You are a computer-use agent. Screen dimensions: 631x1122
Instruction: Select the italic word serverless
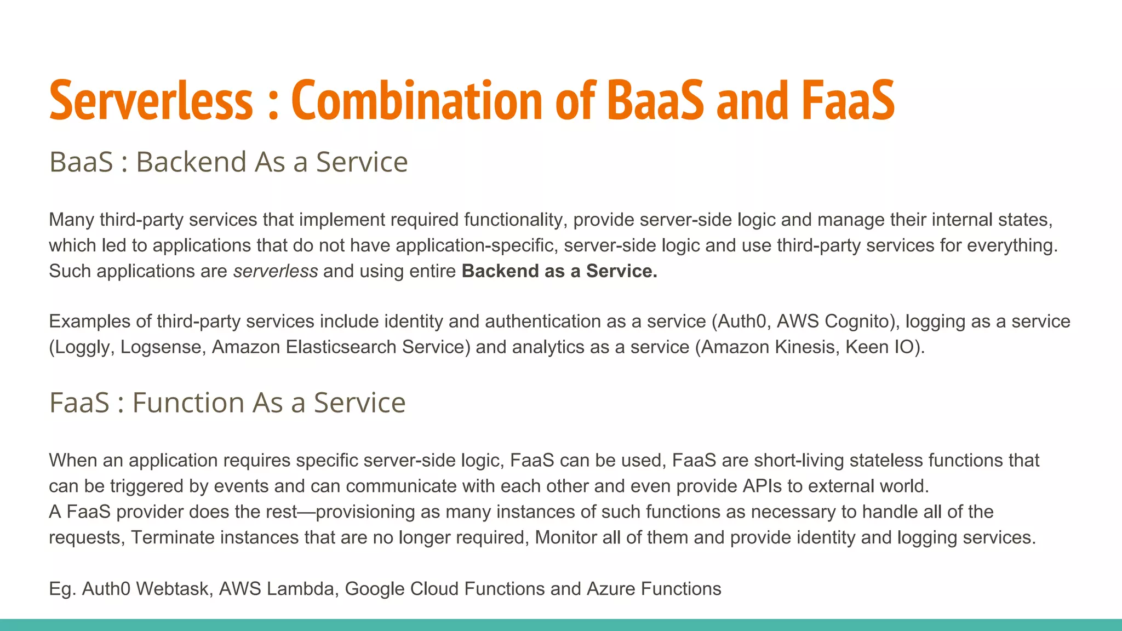pos(276,271)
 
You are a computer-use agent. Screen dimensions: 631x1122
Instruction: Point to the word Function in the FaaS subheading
pos(188,403)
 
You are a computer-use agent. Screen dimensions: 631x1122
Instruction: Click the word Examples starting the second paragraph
pos(89,322)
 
